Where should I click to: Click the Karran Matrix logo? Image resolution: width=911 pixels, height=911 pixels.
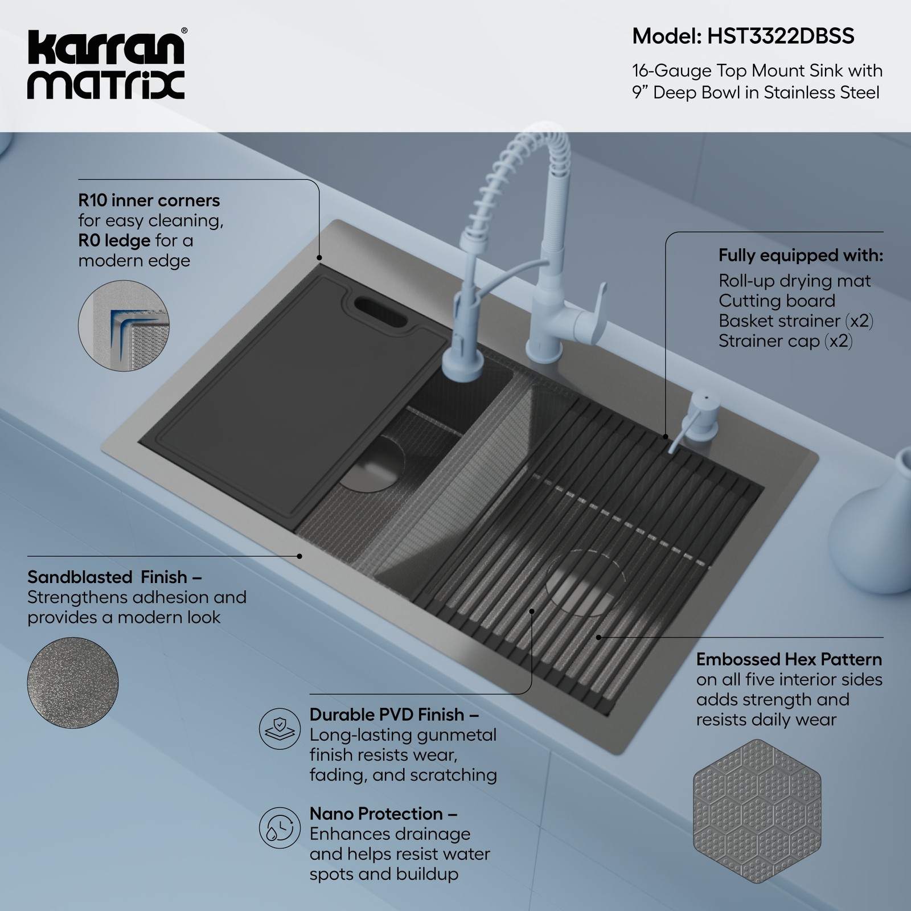point(106,64)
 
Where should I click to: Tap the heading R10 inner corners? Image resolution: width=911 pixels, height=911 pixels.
point(149,200)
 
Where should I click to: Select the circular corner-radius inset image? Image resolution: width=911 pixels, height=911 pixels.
point(124,326)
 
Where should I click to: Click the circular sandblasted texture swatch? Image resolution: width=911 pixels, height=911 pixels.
point(73,682)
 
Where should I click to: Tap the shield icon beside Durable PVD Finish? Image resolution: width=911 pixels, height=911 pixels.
point(280,728)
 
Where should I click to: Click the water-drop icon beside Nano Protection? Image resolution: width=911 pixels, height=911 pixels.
point(280,827)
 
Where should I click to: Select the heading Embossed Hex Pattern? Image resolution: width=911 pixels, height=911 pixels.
point(789,659)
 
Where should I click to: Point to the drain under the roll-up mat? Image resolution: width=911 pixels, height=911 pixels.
point(581,584)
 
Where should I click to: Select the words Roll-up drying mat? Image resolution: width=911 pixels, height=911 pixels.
point(794,281)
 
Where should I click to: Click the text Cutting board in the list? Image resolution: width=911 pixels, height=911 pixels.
point(777,301)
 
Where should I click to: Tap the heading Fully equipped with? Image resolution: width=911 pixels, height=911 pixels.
point(800,255)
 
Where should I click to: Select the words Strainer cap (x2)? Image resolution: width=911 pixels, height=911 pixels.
point(785,341)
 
